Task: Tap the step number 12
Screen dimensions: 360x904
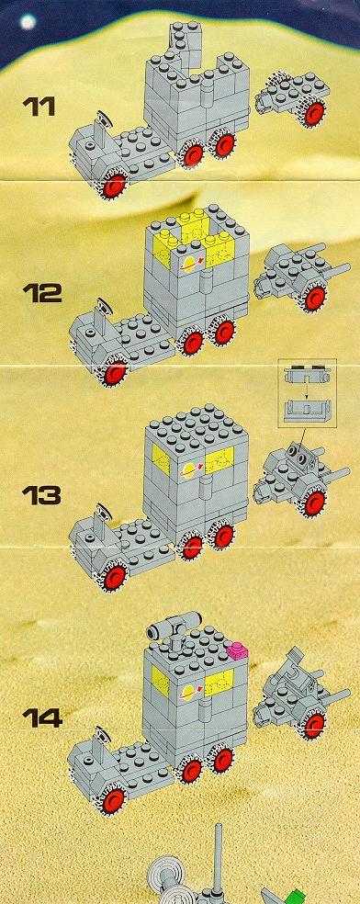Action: point(41,293)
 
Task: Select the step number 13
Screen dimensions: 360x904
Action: point(41,495)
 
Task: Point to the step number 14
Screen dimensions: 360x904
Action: point(41,718)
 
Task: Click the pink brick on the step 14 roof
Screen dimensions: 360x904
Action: point(236,650)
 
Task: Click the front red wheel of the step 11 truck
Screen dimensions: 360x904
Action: point(115,185)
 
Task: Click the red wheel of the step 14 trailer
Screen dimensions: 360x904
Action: point(314,725)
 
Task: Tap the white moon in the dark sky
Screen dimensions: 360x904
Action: point(27,22)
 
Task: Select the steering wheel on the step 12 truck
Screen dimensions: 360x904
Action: point(105,306)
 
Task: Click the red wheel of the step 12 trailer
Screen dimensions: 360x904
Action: point(314,299)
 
